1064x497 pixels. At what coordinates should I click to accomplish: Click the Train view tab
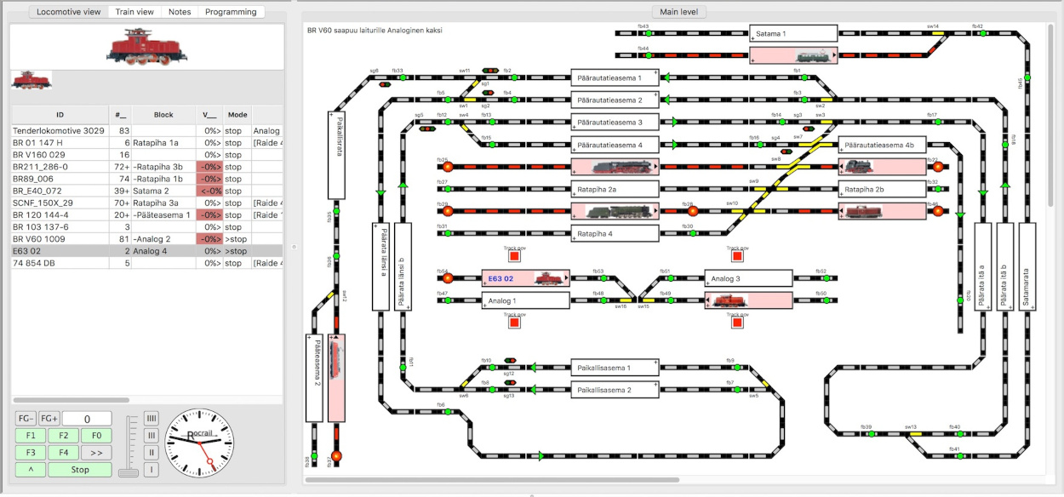click(134, 12)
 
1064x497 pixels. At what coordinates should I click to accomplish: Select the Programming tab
click(231, 12)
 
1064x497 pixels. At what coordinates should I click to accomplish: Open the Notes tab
click(180, 12)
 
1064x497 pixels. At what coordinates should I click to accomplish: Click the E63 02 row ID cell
click(60, 251)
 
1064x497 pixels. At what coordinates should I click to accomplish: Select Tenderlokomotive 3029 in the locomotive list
click(60, 131)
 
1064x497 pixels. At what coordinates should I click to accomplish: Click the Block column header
click(163, 114)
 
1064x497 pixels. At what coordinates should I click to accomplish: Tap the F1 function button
click(30, 436)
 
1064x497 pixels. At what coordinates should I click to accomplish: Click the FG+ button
click(49, 419)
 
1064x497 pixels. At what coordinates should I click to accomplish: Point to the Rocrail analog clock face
click(198, 443)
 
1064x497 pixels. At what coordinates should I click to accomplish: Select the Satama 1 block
click(793, 34)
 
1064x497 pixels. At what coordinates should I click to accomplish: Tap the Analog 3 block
click(748, 278)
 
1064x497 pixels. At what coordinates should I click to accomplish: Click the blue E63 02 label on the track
click(501, 278)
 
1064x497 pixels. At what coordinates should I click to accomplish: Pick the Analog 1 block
click(525, 300)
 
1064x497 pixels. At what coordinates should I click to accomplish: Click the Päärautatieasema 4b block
click(882, 146)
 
